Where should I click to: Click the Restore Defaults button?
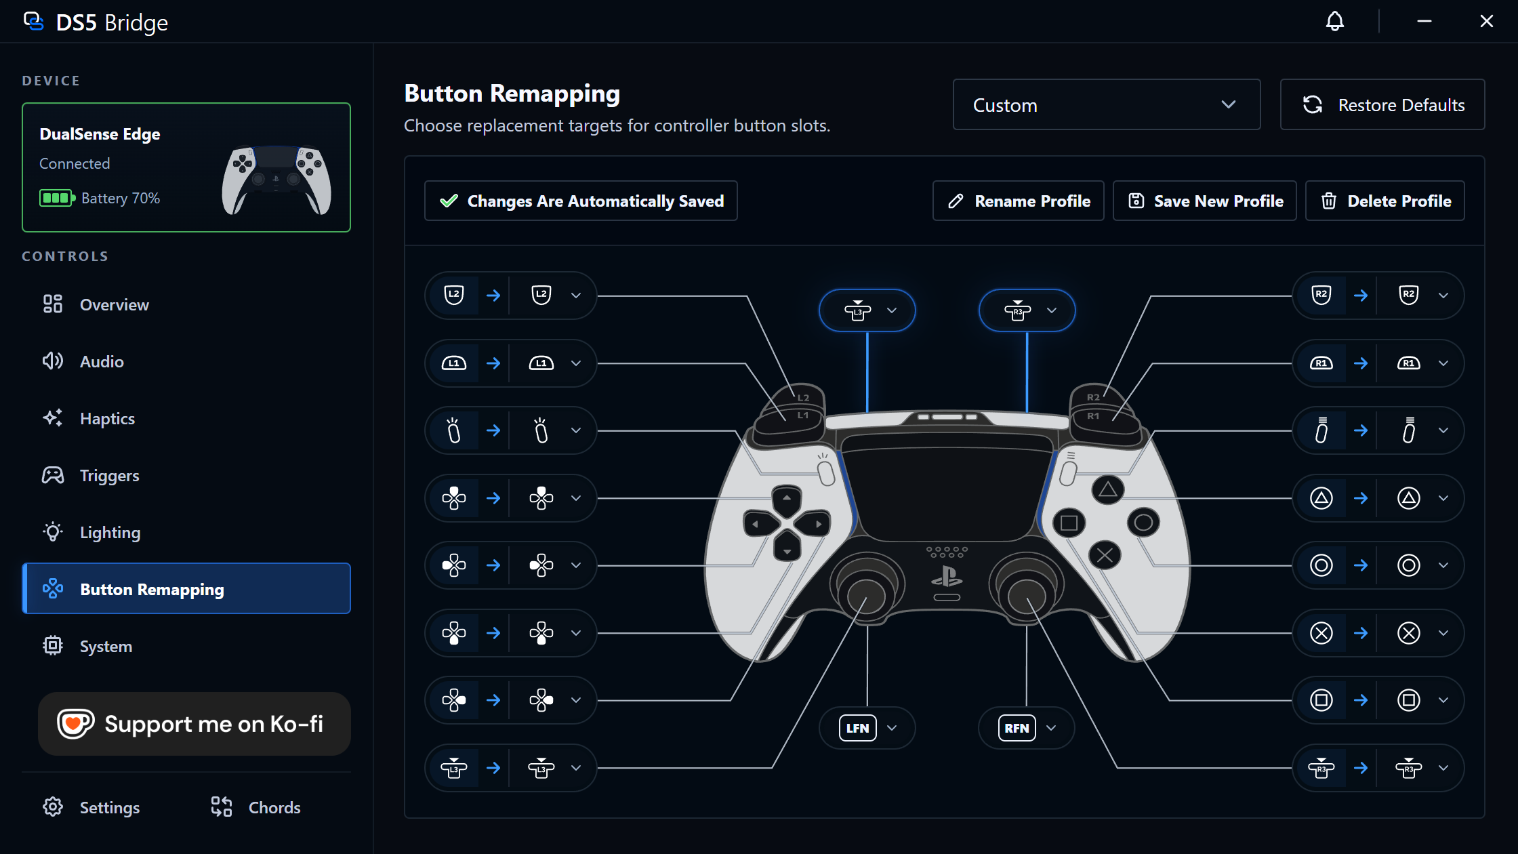(x=1382, y=105)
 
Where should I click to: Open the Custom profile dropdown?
(x=1106, y=105)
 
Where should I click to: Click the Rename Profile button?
(x=1018, y=201)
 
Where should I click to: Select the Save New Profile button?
(x=1204, y=201)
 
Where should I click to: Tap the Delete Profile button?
(x=1384, y=201)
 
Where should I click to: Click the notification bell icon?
(x=1334, y=22)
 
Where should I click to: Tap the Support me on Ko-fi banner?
(x=194, y=724)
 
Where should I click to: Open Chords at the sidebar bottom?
(x=255, y=807)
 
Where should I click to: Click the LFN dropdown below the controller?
(x=867, y=728)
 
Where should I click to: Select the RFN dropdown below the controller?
(x=1026, y=728)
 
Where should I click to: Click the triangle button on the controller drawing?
(x=1108, y=489)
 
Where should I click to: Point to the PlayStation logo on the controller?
(x=947, y=577)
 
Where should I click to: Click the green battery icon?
(x=57, y=198)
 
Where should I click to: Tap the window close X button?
(x=1486, y=22)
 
